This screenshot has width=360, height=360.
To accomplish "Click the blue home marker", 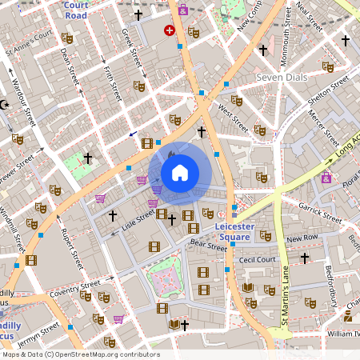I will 180,172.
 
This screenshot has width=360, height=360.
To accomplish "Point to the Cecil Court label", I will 258,259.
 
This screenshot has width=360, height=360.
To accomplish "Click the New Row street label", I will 302,238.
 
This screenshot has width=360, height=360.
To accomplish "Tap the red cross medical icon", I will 169,30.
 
